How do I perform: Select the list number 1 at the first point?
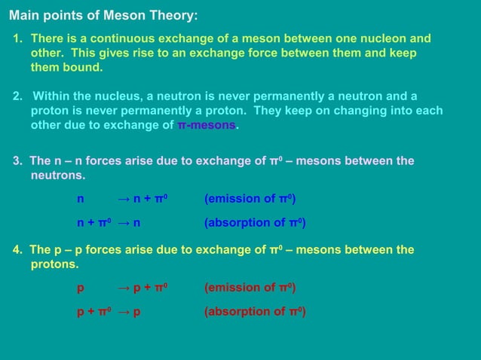click(17, 38)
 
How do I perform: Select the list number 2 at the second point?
click(17, 96)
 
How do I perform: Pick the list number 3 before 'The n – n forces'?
click(17, 161)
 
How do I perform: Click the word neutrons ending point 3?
click(57, 175)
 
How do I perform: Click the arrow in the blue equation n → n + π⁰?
click(124, 199)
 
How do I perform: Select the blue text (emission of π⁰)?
click(250, 199)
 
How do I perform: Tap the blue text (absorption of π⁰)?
click(255, 223)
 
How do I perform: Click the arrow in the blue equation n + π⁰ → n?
click(124, 223)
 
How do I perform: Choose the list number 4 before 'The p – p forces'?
click(17, 250)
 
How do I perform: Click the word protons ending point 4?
click(54, 264)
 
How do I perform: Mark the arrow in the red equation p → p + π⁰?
click(124, 288)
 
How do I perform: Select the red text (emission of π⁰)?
click(250, 288)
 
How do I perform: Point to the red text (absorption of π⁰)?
click(255, 312)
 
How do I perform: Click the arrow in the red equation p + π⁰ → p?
click(124, 312)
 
